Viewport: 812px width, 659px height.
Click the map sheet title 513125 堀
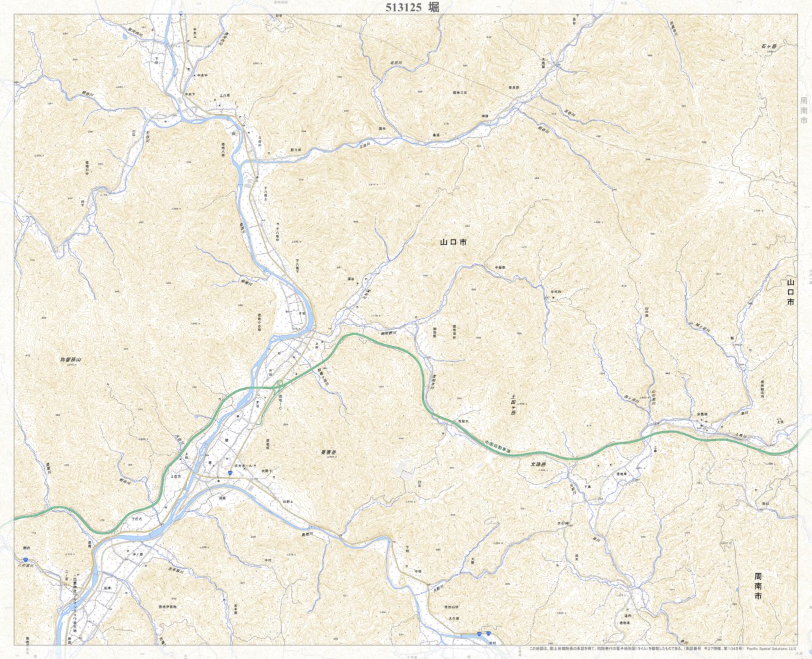[x=412, y=7]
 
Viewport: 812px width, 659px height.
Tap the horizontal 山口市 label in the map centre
[x=453, y=243]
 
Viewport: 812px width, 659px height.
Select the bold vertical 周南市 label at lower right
[x=757, y=586]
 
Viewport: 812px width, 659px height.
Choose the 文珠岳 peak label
[x=539, y=464]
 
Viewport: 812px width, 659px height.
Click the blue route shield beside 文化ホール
[x=230, y=472]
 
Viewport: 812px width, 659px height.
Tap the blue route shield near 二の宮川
[x=25, y=561]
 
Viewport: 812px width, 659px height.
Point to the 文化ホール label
[x=244, y=464]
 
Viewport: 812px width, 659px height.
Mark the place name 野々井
[x=296, y=150]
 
